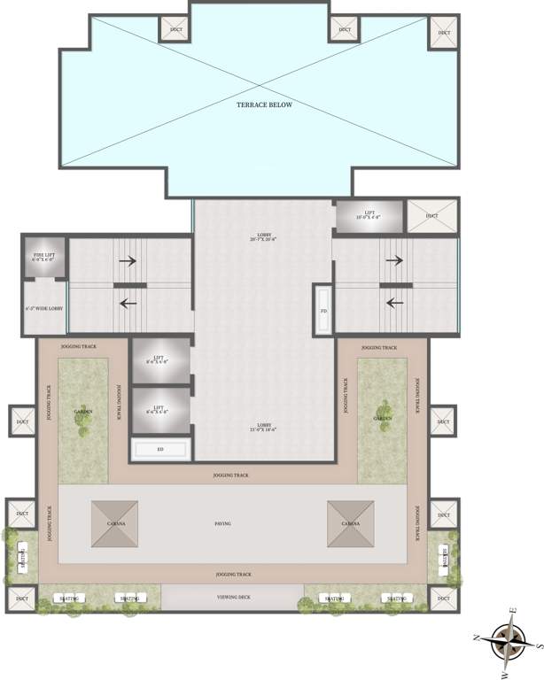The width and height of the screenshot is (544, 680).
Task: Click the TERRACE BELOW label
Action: click(263, 104)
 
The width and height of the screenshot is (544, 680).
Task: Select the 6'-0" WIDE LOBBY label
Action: click(43, 308)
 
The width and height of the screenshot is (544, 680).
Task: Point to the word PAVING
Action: click(222, 523)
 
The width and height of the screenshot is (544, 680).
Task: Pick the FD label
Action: click(323, 311)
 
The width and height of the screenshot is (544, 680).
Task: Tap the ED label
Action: click(160, 450)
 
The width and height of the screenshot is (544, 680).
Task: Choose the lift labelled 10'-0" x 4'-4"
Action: click(369, 215)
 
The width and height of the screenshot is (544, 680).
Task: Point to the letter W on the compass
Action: click(503, 673)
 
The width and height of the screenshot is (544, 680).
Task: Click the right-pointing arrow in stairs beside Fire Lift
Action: click(128, 261)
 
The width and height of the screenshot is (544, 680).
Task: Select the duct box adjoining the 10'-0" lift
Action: click(431, 216)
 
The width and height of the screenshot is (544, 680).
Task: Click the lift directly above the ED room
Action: click(160, 409)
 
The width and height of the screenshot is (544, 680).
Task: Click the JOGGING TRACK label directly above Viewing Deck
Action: click(232, 575)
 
